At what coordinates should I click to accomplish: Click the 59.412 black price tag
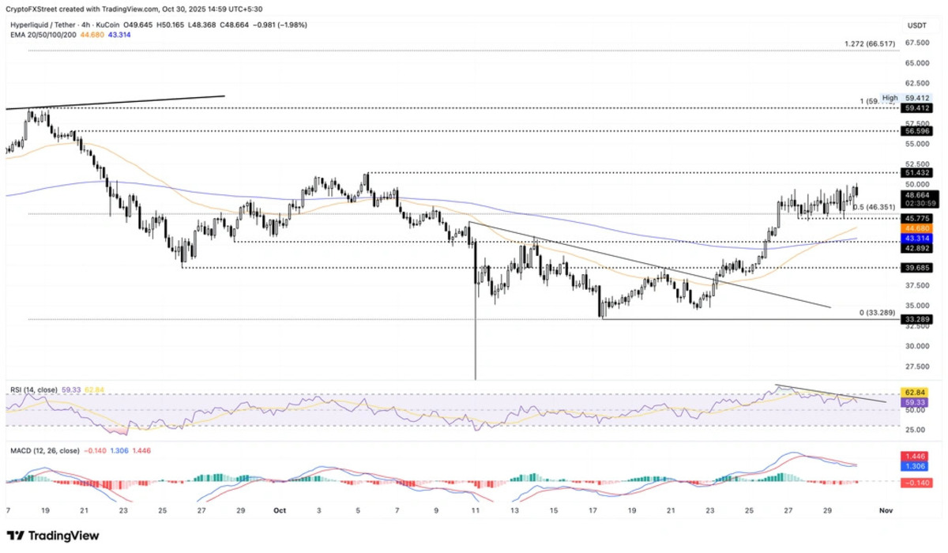[916, 107]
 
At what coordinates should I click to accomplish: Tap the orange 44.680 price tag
[916, 228]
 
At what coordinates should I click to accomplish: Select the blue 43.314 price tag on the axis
[916, 238]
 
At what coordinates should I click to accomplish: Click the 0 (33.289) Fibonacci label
[877, 313]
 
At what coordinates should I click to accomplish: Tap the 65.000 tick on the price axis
[916, 62]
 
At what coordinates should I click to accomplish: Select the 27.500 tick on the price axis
[916, 366]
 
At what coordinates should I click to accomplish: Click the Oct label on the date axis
[280, 511]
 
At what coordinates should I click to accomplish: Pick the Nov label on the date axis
[886, 511]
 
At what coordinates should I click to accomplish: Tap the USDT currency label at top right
[916, 25]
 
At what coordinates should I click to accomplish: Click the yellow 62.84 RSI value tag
[916, 392]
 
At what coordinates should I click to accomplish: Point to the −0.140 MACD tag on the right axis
[916, 481]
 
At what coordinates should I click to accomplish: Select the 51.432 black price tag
[916, 172]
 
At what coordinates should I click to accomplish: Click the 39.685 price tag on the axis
[916, 268]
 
